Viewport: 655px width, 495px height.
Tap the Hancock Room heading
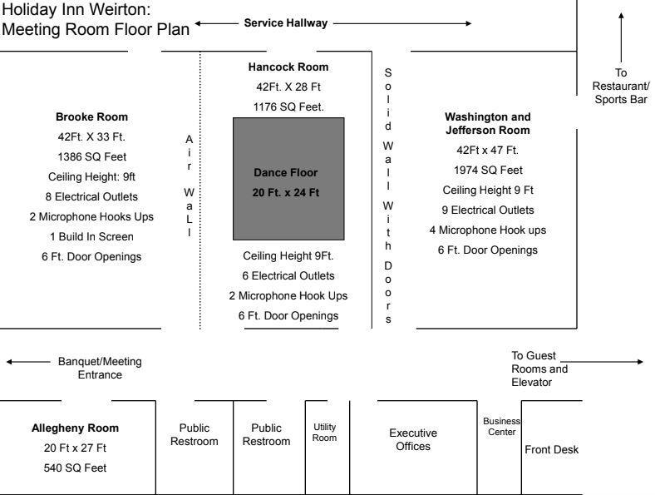(288, 67)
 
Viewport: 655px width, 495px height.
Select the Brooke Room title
(91, 116)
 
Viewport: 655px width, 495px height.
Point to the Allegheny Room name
(75, 428)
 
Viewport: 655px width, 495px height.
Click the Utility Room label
(324, 433)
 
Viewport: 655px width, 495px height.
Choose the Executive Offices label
(413, 439)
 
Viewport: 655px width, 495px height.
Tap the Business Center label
(501, 426)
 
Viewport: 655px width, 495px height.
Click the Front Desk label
(551, 450)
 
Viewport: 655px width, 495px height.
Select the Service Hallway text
(286, 23)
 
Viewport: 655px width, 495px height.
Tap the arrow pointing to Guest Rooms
(607, 362)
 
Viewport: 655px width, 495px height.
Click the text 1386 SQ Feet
(91, 156)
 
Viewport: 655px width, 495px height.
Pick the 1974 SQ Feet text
(488, 170)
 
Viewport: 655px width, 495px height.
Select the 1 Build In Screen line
(91, 236)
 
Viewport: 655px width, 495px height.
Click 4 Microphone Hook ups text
(488, 230)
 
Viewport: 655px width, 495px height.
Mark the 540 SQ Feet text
(75, 468)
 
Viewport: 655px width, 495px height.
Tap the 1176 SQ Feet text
(288, 106)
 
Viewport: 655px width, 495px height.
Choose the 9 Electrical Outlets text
(488, 210)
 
